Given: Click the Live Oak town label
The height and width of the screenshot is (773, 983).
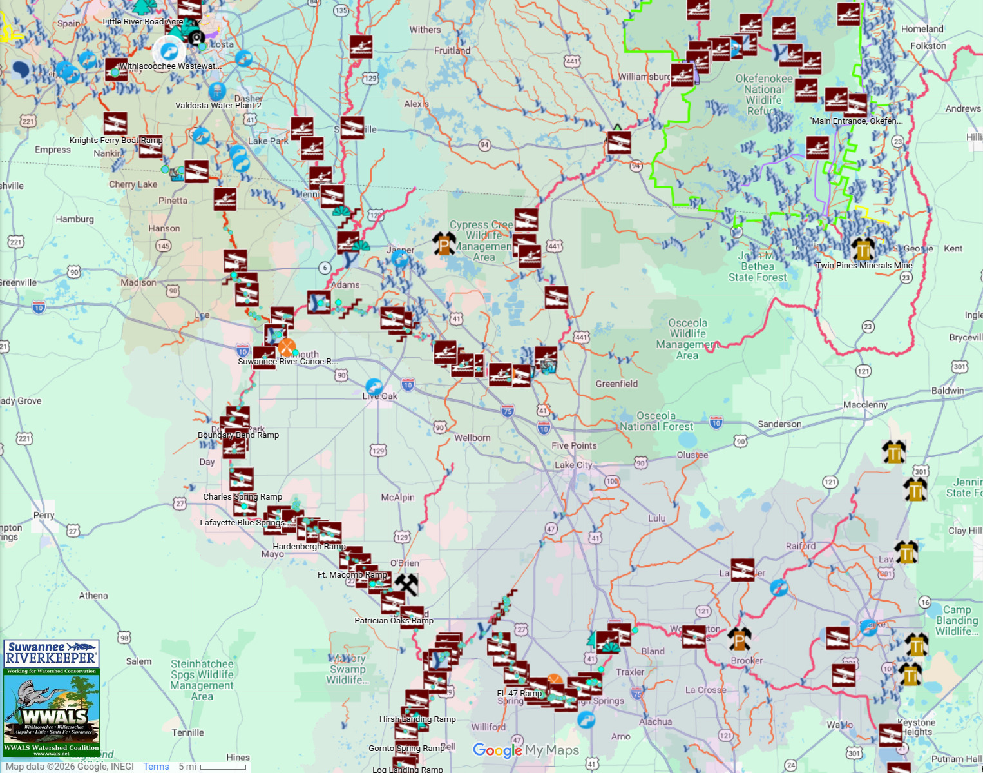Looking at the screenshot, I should [380, 396].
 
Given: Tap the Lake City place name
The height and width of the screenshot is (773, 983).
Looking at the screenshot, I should [573, 465].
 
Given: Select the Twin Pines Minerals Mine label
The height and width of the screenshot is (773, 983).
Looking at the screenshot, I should [864, 265].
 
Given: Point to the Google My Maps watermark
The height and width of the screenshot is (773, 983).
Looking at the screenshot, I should [526, 750].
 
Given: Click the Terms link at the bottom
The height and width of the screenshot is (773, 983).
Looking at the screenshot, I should [156, 767].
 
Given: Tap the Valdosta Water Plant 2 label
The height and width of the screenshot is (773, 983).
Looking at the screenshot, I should [218, 105].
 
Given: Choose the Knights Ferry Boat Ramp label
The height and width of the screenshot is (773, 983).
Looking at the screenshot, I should [116, 140].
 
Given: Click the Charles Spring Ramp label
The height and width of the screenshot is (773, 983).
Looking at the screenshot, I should [242, 496].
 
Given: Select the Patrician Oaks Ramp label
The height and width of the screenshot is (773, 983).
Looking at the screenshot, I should [394, 620].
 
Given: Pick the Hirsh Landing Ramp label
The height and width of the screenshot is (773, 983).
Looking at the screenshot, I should [417, 719].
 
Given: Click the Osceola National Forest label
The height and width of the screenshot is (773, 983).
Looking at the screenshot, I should [656, 421].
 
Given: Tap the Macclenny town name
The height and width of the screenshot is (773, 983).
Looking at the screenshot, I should [865, 404].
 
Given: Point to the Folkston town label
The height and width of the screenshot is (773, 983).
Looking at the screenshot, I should [928, 46].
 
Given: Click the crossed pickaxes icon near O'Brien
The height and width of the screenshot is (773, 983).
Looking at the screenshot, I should [406, 584].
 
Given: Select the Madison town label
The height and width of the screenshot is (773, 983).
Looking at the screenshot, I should [138, 282].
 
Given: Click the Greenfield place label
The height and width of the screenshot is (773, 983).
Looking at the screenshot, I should [616, 384].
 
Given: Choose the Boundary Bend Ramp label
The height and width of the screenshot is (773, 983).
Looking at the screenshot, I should [238, 435].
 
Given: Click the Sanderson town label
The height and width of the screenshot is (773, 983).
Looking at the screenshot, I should [779, 424].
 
